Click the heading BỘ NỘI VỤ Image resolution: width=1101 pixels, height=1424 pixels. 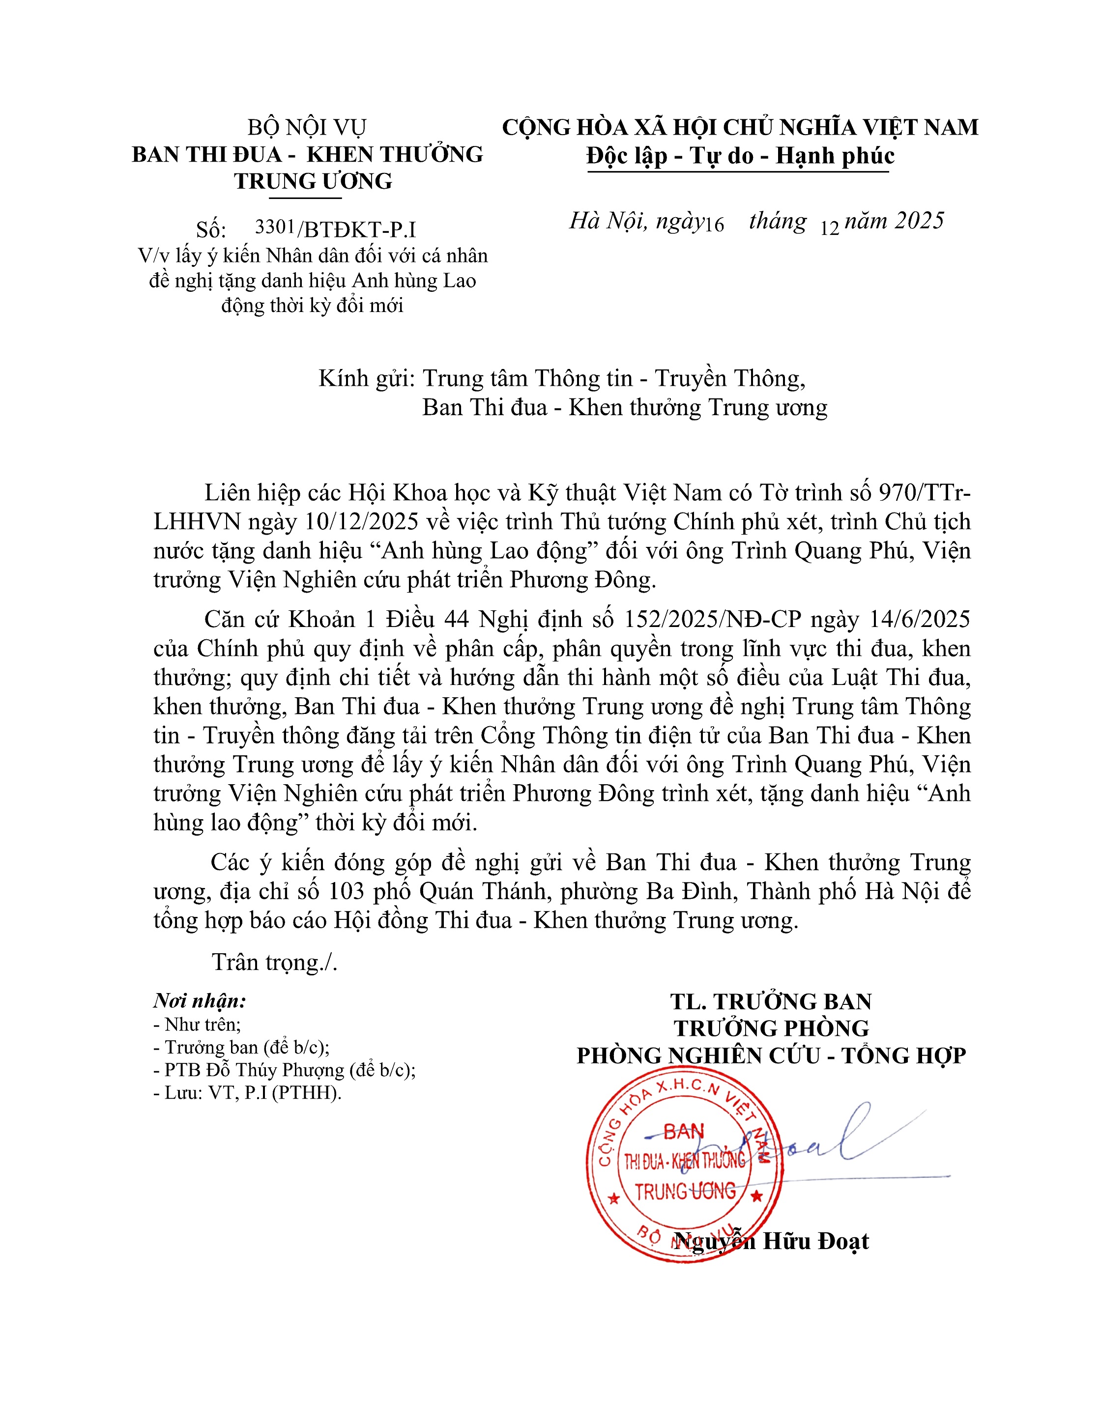tap(307, 127)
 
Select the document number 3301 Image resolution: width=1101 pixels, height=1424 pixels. tap(275, 227)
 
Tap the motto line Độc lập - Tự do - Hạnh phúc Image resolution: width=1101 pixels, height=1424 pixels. tap(740, 156)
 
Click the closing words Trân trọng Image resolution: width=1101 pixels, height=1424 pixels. tap(274, 963)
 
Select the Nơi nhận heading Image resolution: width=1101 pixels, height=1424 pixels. tap(200, 1001)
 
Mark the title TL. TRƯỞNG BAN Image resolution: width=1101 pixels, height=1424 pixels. tap(771, 1001)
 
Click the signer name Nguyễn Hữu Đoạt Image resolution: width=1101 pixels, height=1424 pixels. tap(772, 1241)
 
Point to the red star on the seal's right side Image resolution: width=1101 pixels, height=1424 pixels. tap(756, 1196)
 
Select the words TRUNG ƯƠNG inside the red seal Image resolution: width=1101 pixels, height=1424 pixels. tap(685, 1192)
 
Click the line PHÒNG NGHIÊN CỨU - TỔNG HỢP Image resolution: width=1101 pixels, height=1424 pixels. tap(771, 1055)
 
